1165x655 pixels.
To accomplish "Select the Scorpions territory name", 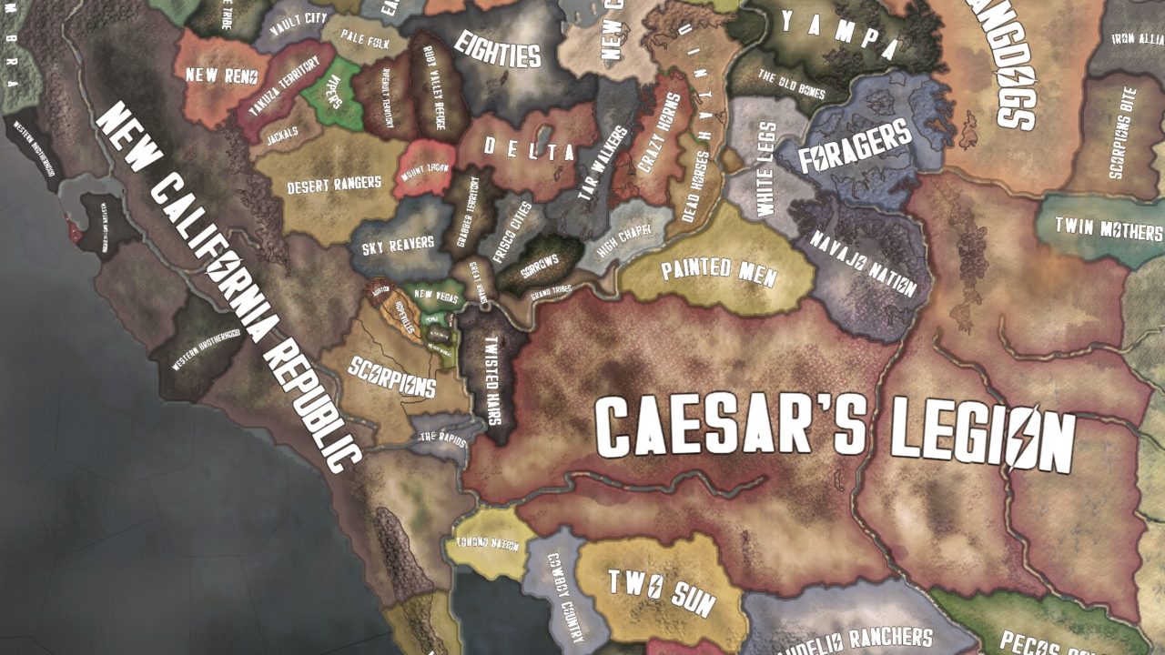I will [393, 376].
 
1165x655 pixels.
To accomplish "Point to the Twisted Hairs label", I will [493, 374].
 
